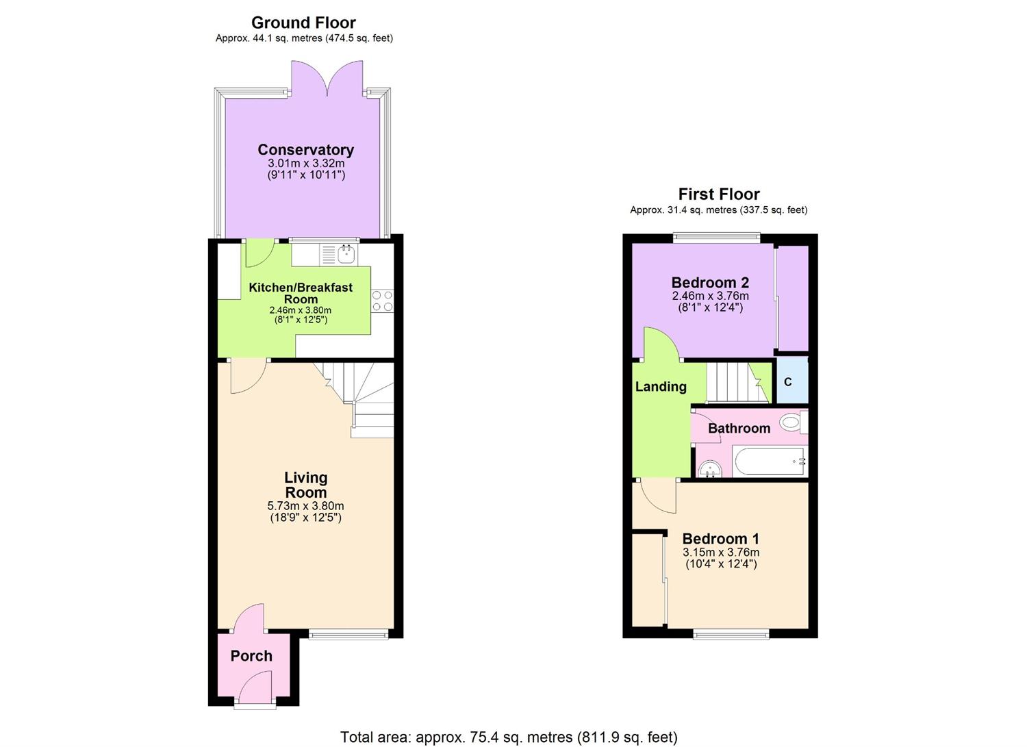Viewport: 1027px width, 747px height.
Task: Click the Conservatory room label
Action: [305, 149]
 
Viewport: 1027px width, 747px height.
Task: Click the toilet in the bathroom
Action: [791, 422]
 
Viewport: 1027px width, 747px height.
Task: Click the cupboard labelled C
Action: [788, 381]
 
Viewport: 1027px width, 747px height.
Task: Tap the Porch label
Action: [251, 656]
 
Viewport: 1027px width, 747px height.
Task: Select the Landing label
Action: [661, 387]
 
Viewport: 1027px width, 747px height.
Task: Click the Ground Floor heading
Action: [303, 23]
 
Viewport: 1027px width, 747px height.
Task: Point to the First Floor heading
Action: [718, 194]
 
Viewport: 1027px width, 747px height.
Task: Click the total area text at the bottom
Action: [509, 737]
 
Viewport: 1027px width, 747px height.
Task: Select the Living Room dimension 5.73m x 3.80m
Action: [305, 506]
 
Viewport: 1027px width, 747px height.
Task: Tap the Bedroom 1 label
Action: [720, 538]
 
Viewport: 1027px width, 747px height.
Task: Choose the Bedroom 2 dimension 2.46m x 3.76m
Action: [710, 296]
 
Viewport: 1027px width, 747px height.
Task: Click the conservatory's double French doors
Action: [327, 79]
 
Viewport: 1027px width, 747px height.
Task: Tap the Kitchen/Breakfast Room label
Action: [301, 293]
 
